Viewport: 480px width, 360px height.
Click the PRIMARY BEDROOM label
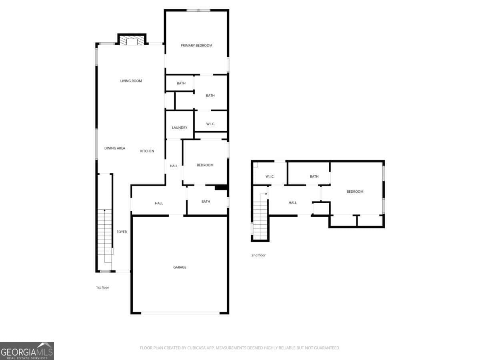[196, 46]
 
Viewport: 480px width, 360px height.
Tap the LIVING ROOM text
[131, 81]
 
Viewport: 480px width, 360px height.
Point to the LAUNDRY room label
[180, 128]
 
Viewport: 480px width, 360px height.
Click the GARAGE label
[180, 267]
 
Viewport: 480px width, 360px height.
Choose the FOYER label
[122, 232]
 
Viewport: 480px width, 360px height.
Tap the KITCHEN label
[147, 151]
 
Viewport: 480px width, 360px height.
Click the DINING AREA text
[114, 148]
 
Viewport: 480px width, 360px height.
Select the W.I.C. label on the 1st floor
[210, 124]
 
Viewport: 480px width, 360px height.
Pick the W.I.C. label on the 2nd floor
[270, 176]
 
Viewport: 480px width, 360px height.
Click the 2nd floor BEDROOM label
[355, 192]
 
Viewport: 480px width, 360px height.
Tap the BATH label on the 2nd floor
[314, 176]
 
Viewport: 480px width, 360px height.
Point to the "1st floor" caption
[102, 288]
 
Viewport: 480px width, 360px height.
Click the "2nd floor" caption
[258, 255]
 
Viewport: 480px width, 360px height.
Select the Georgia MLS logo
[27, 351]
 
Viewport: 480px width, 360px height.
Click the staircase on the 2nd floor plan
[260, 216]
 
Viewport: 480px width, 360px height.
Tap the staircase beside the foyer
[104, 232]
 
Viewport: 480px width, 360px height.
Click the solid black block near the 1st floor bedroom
[221, 188]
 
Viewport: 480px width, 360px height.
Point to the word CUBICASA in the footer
[196, 348]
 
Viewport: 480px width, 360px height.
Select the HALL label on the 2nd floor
[292, 203]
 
